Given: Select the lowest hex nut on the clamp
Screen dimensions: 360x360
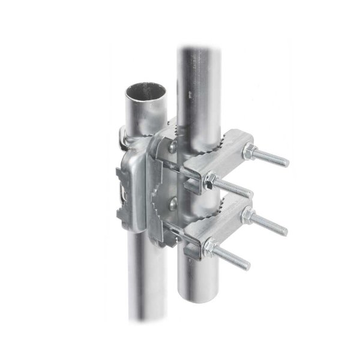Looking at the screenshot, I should coord(211,246).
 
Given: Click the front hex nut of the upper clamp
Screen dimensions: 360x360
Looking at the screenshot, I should coord(212,179).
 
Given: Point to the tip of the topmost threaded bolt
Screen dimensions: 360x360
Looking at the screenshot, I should coord(286,162).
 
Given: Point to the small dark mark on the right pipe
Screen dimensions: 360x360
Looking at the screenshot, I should coord(189,94).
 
